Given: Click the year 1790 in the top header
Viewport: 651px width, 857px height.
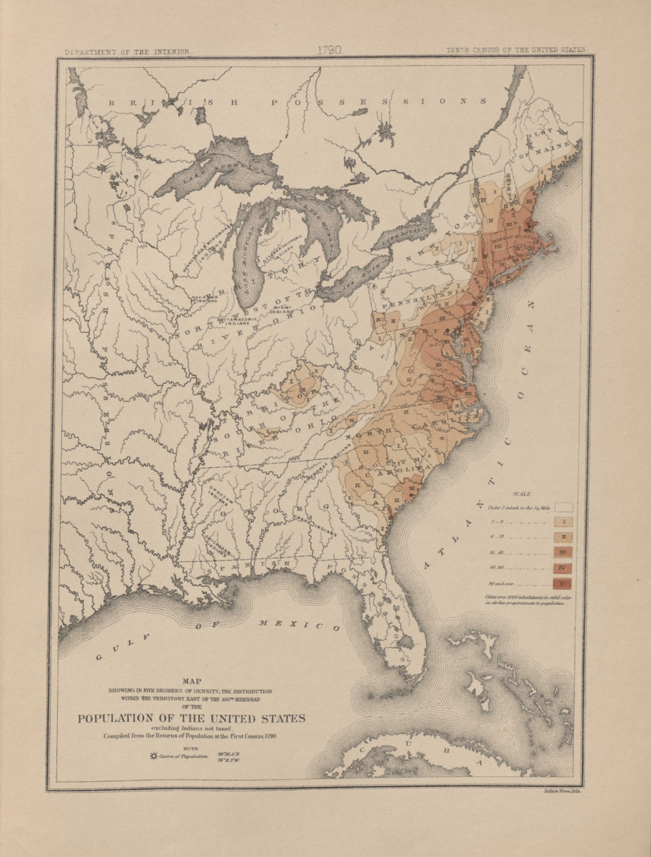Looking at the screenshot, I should (330, 51).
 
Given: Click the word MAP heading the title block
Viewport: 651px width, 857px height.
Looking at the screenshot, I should (192, 681).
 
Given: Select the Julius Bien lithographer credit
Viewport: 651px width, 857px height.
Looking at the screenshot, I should (563, 792).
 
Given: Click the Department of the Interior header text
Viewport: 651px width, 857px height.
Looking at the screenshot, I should (128, 51).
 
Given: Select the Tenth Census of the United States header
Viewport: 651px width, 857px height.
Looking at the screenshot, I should (515, 51).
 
